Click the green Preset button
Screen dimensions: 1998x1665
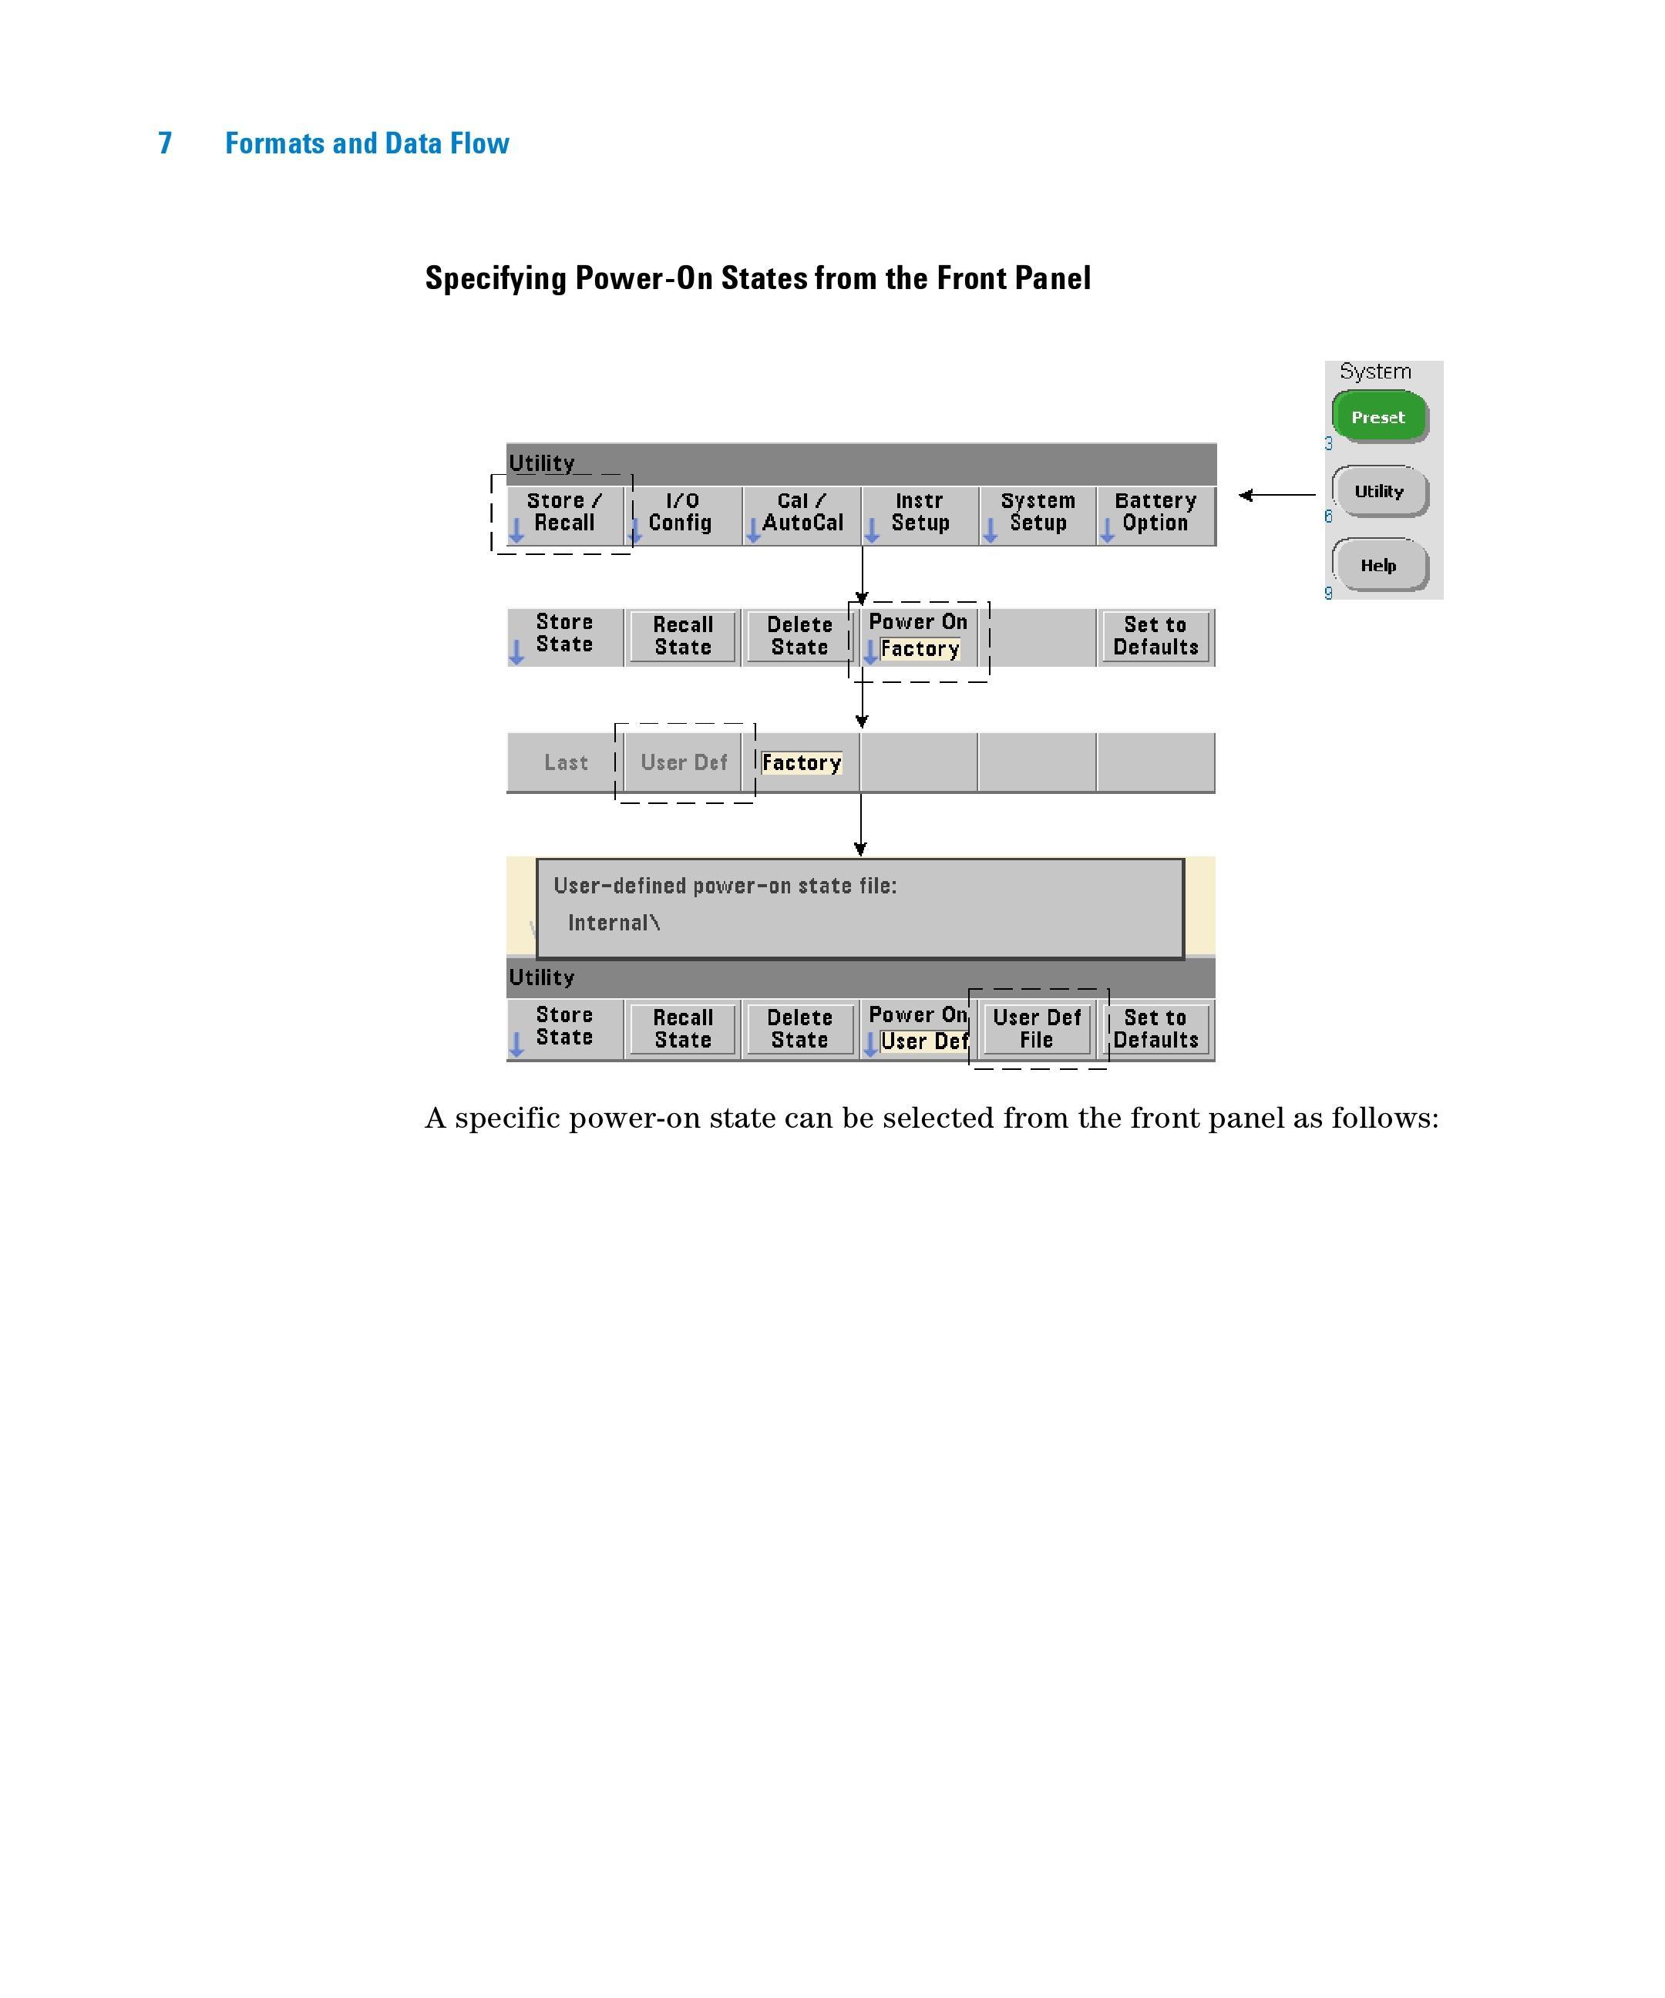1377,417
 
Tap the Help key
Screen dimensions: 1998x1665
1377,565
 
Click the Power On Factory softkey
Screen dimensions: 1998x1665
918,637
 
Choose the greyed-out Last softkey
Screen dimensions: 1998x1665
565,762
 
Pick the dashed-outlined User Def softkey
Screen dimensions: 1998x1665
683,762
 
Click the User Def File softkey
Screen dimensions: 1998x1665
1036,1028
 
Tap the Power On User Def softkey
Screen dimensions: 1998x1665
918,1028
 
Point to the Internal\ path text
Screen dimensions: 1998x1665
614,923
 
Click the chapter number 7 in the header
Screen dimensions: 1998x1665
165,143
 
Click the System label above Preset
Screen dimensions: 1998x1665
1375,371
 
